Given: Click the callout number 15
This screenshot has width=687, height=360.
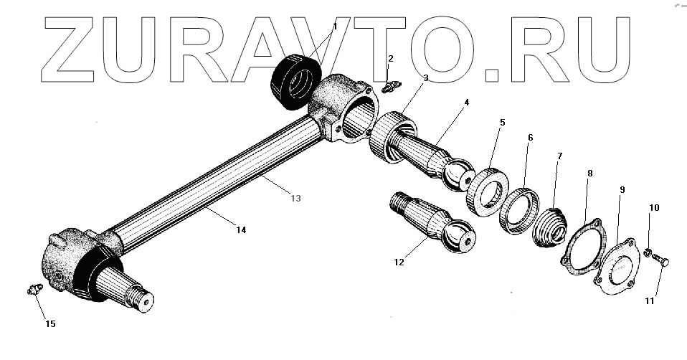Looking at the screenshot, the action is pyautogui.click(x=50, y=324).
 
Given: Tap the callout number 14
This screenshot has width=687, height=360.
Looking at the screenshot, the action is pyautogui.click(x=241, y=230).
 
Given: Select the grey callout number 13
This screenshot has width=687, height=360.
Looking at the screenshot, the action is pyautogui.click(x=295, y=199).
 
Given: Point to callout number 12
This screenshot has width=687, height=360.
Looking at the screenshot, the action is pyautogui.click(x=399, y=262).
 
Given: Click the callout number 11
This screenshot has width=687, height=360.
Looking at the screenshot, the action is pyautogui.click(x=649, y=301).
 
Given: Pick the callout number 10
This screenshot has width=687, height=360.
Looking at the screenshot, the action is pyautogui.click(x=654, y=207).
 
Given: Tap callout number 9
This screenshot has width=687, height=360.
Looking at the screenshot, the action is pyautogui.click(x=622, y=190).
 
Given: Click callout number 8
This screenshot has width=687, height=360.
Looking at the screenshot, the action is pyautogui.click(x=589, y=174).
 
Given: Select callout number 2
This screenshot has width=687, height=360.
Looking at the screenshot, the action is pyautogui.click(x=390, y=59).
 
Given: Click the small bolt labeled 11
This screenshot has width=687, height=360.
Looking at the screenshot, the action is pyautogui.click(x=660, y=262).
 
